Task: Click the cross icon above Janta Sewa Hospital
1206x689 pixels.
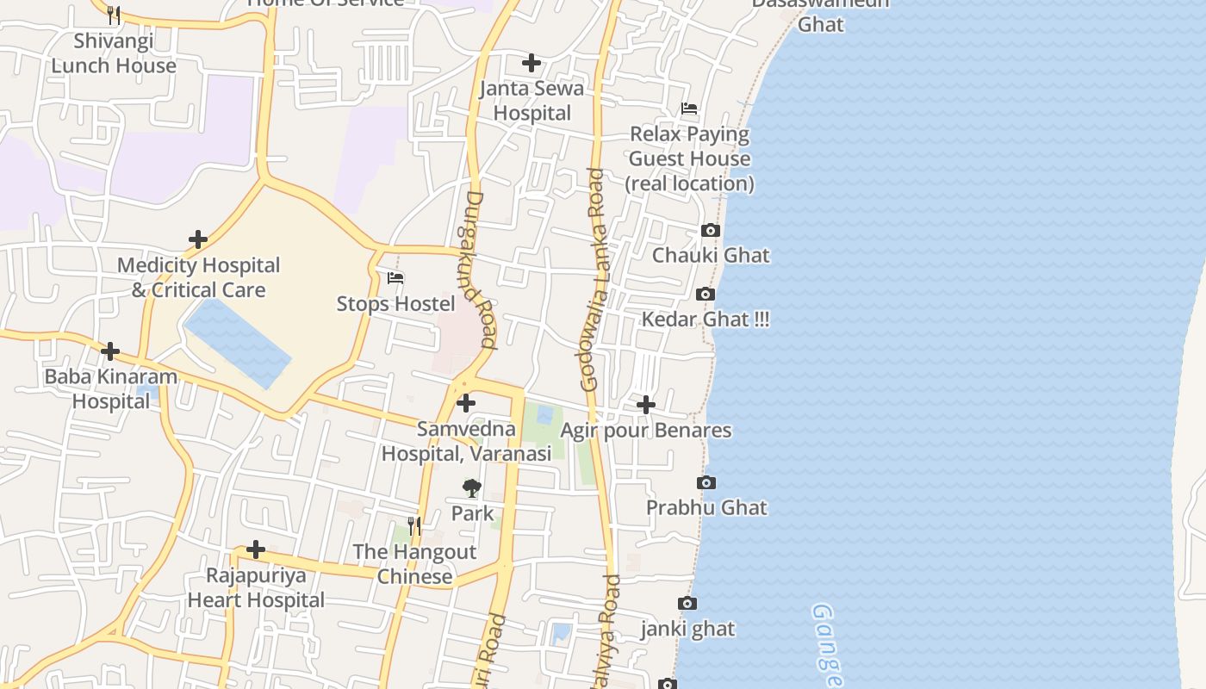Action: tap(532, 63)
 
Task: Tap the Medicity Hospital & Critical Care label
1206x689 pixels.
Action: tap(199, 277)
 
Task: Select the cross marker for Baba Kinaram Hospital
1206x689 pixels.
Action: tap(110, 351)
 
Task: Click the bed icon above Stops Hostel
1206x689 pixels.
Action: tap(395, 278)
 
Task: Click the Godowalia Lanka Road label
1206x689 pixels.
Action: tap(595, 280)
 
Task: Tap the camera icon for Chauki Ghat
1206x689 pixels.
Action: tap(711, 230)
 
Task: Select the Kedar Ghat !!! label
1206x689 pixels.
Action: tap(706, 320)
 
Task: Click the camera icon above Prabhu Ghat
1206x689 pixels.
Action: tap(706, 482)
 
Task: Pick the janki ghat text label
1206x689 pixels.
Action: tap(687, 629)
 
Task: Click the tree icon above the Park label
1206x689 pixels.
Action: tap(471, 488)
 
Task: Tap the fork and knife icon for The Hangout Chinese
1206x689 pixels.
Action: tap(414, 525)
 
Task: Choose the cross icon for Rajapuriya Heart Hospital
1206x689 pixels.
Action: tap(256, 549)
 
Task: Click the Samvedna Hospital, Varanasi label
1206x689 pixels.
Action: tap(466, 441)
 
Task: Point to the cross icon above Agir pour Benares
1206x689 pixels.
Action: tap(646, 404)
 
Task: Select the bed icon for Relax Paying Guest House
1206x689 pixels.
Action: tap(689, 109)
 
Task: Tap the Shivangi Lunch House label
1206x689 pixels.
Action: tap(114, 53)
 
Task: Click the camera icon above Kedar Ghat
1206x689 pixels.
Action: tap(706, 295)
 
